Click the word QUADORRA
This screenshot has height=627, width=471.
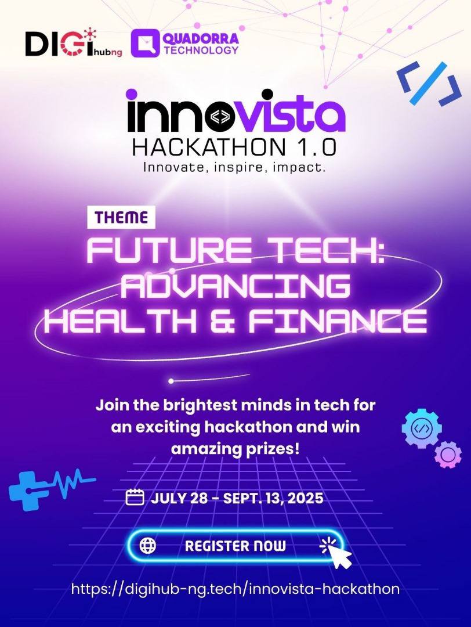(201, 38)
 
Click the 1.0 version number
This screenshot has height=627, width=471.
(315, 147)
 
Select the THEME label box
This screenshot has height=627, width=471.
(121, 217)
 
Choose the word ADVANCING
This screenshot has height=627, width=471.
(235, 286)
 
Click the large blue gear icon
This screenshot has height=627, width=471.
(422, 428)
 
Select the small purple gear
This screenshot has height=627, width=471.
(448, 455)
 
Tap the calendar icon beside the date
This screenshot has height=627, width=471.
(135, 498)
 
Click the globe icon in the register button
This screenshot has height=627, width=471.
(148, 545)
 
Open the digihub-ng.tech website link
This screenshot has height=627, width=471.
(236, 589)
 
